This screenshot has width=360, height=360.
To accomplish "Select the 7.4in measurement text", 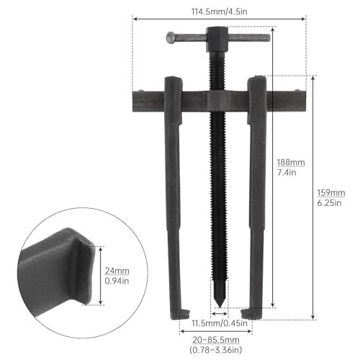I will pos(286,174).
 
